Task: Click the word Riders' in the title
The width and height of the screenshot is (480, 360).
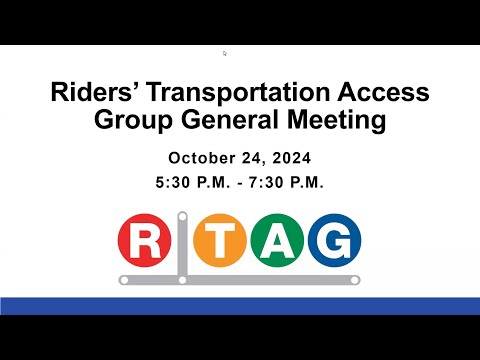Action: tap(91, 92)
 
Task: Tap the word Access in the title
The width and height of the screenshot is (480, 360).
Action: tap(383, 92)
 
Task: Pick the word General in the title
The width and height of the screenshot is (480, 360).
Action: tap(230, 120)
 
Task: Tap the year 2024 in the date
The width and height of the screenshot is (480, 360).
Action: tap(292, 158)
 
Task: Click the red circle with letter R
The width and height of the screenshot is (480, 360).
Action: tap(145, 240)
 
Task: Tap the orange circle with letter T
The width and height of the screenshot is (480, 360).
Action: tap(220, 240)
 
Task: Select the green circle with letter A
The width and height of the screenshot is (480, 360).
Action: tap(277, 240)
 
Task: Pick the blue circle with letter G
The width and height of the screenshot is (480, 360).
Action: tap(334, 240)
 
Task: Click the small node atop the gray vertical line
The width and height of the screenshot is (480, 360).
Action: tap(182, 217)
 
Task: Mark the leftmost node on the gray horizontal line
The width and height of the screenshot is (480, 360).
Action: tap(124, 280)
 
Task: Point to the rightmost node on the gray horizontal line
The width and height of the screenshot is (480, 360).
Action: tap(355, 280)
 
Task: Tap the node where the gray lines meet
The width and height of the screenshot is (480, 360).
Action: tap(182, 280)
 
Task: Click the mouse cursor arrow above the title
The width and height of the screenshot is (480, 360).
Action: tap(225, 53)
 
